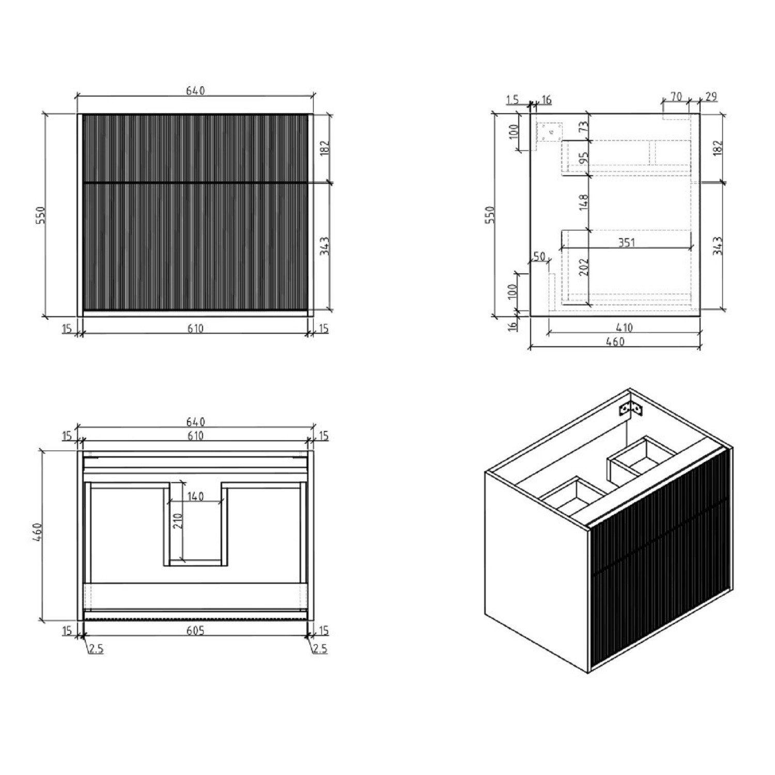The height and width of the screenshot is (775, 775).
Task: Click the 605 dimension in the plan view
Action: click(195, 630)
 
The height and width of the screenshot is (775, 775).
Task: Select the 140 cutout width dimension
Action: click(195, 496)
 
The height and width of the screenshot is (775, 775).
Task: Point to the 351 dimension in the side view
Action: click(626, 242)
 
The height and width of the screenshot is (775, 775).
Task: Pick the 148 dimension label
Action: click(584, 202)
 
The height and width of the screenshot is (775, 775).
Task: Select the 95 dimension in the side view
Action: click(584, 158)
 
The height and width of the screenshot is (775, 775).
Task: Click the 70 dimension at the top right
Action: click(676, 97)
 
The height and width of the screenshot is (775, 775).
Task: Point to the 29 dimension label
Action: click(711, 97)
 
